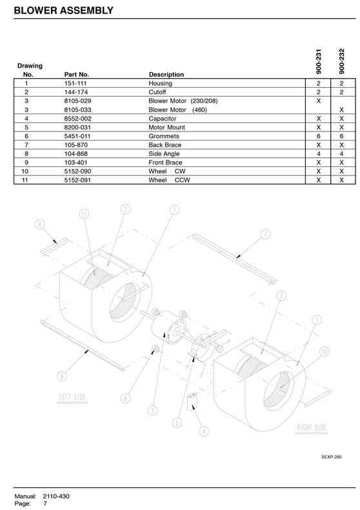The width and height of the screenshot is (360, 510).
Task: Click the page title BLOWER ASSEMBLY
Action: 63,10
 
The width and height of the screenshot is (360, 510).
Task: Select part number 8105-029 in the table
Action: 77,101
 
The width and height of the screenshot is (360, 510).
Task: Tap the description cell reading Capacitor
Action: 163,119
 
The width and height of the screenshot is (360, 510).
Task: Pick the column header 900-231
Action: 319,61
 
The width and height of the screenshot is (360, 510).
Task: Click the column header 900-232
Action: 341,61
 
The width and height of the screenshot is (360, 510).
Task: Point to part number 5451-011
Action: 77,136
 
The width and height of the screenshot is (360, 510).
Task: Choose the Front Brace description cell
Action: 165,162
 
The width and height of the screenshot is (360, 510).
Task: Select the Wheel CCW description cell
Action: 169,180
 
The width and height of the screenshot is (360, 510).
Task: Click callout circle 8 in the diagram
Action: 40,224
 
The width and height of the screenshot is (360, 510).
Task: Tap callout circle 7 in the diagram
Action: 266,234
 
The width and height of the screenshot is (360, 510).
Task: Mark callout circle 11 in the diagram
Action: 85,213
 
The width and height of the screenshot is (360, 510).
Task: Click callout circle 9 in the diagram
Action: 62,377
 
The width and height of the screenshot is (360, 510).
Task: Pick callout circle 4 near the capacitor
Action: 204,431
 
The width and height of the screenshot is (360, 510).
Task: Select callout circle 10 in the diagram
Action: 325,351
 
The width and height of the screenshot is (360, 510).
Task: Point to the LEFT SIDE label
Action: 72,397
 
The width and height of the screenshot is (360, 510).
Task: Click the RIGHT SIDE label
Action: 312,427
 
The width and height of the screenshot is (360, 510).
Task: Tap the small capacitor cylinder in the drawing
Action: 192,402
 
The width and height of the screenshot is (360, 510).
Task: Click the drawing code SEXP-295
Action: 332,457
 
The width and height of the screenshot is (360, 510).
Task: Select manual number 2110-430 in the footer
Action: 56,496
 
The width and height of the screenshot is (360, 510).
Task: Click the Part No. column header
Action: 77,75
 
